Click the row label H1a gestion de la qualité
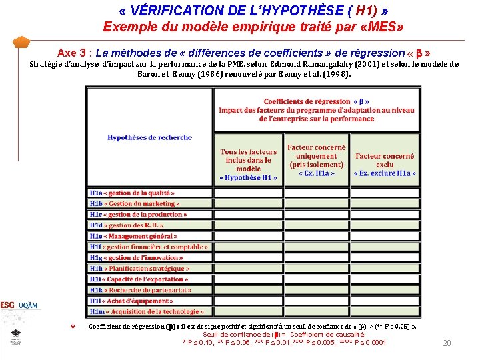coord(132,193)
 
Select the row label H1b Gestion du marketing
coord(134,203)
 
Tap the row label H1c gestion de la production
coord(138,215)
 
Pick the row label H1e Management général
coord(133,236)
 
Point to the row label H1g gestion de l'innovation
coord(136,257)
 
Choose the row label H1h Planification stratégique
coord(139,269)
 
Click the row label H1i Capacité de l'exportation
coord(139,279)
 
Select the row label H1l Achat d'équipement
coord(131,301)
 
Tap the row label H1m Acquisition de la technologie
coord(146,311)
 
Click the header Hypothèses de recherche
coord(149,137)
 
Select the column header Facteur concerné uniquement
coord(317,160)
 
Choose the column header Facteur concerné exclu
coord(385,164)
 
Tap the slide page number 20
coord(447,343)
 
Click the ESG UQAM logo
coord(19,305)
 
